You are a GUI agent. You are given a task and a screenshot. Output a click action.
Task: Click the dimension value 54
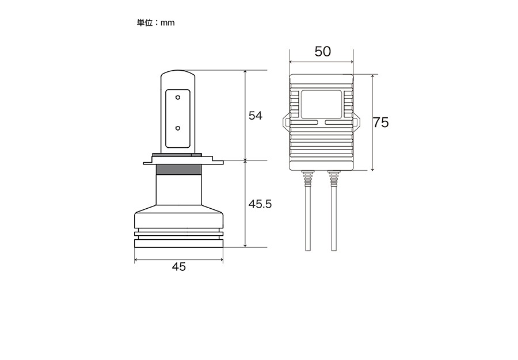(256, 116)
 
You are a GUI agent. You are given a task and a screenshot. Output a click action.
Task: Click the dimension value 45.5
(260, 204)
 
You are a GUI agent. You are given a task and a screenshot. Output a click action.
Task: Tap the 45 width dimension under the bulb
(179, 266)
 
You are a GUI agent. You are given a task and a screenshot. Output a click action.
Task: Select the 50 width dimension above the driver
(322, 52)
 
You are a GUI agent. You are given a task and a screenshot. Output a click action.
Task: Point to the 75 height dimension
(380, 122)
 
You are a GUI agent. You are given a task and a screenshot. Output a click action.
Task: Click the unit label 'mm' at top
(167, 23)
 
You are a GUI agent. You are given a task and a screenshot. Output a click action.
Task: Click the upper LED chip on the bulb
(178, 98)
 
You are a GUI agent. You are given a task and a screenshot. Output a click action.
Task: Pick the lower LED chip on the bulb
(178, 128)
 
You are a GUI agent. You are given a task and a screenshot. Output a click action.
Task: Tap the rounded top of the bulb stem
(178, 72)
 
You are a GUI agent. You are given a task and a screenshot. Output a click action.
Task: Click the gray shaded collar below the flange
(179, 169)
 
